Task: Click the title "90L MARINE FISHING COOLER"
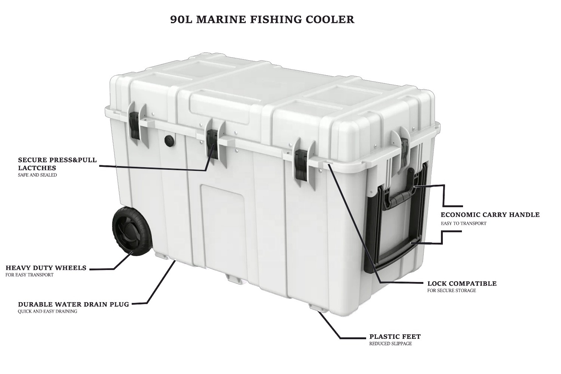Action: point(262,19)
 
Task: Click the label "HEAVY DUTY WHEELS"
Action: point(46,268)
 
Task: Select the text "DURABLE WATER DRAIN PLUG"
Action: point(74,304)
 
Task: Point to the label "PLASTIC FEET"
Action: point(395,337)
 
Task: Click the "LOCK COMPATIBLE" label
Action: point(462,283)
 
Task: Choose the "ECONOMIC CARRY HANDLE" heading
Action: point(490,215)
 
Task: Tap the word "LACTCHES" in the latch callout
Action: point(37,168)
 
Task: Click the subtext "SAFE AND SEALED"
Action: point(37,175)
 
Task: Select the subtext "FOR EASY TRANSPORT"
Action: point(30,275)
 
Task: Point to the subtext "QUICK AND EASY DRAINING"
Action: point(47,311)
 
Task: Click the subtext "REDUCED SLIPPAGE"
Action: point(390,344)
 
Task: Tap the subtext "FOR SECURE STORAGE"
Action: point(451,291)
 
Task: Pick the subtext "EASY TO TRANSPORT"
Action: point(463,223)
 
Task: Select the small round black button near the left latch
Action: point(169,141)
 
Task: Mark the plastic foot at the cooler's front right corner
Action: point(316,307)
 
